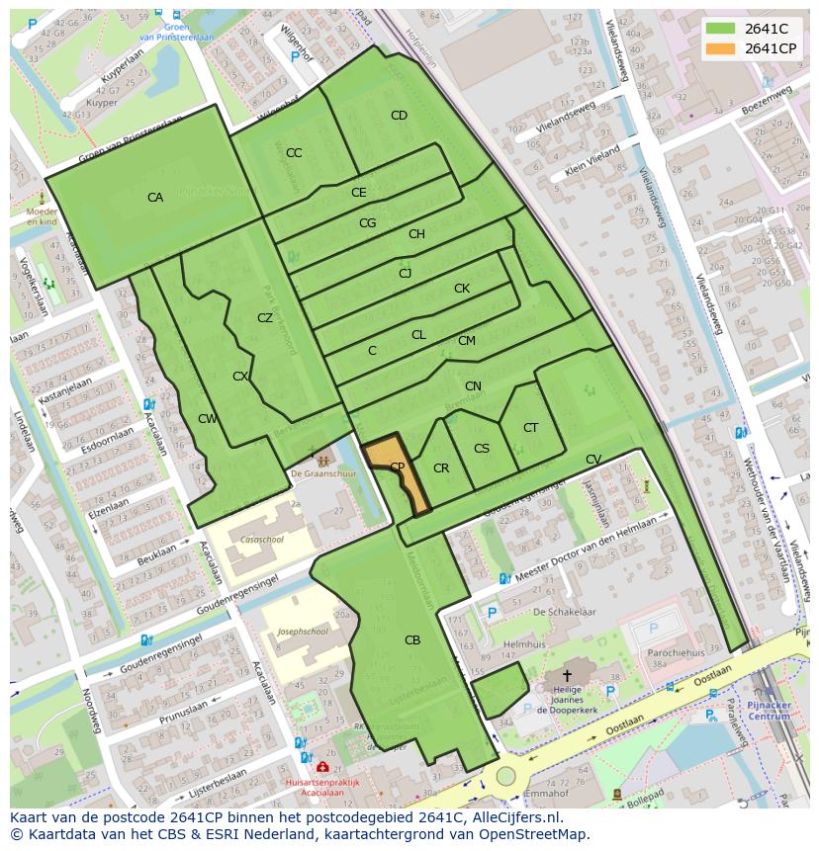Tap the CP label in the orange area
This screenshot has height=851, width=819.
pos(397,468)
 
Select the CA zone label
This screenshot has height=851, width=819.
pos(155,198)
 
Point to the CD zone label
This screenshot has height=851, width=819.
pos(399,116)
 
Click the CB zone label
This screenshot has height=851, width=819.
pos(412,640)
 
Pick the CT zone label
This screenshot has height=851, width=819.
pos(531,428)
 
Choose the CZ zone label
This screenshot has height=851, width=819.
pos(265,318)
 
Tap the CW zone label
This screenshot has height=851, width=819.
pos(207,419)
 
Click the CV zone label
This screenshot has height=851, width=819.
pos(593,460)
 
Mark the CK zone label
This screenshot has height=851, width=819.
pos(462,289)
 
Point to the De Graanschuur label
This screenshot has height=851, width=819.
pos(321,474)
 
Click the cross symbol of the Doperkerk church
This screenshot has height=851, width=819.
pos(566,675)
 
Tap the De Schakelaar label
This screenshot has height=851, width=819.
pos(564,612)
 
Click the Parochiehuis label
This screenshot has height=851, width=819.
pos(677,652)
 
